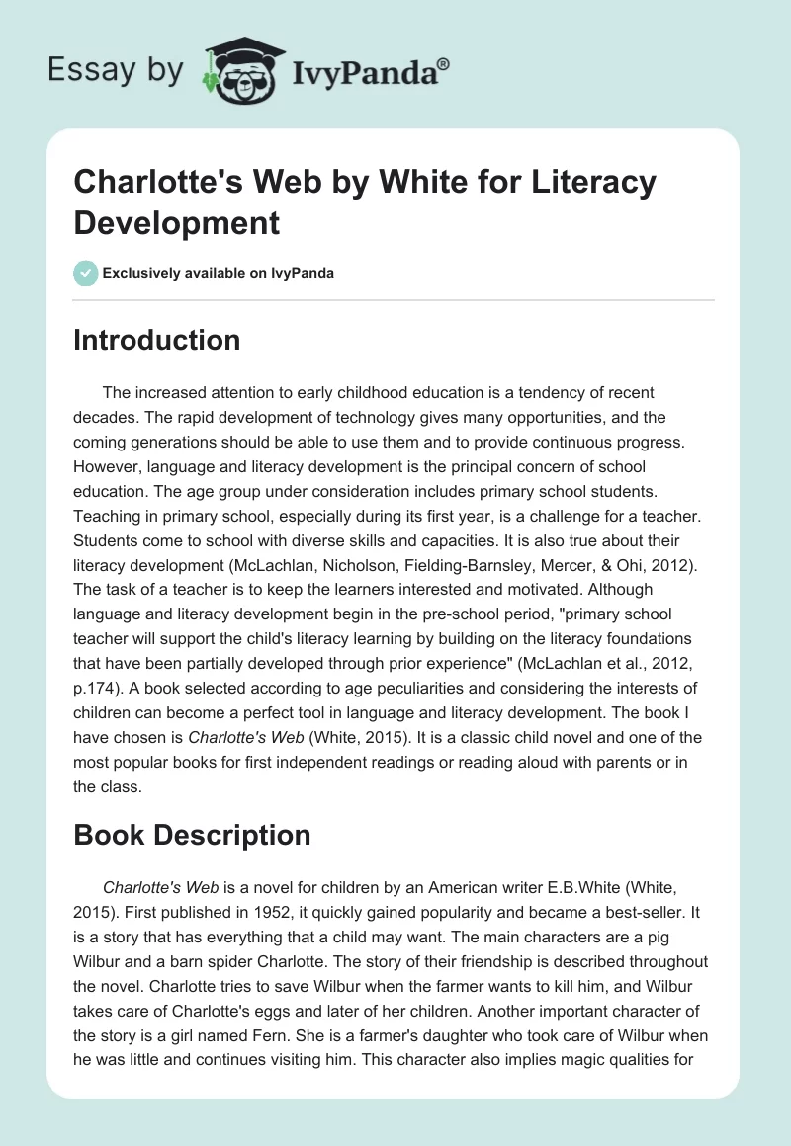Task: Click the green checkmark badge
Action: click(86, 273)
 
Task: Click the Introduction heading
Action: click(157, 340)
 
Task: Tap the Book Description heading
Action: click(192, 835)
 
